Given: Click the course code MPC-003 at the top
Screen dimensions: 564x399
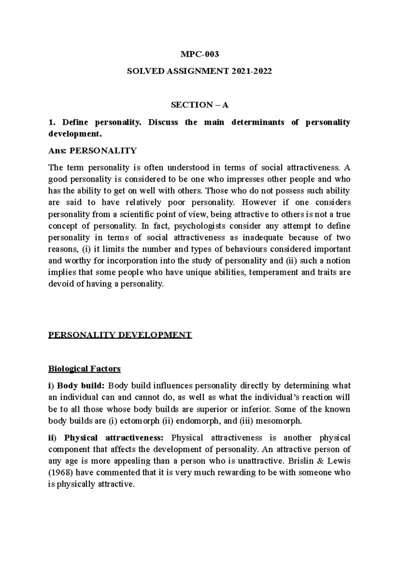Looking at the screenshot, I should (x=199, y=54).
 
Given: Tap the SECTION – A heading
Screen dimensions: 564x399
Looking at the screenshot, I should (x=199, y=105).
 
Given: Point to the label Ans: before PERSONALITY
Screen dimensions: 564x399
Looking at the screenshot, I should (x=58, y=151).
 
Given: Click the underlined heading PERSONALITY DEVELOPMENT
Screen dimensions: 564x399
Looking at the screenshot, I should (x=120, y=335).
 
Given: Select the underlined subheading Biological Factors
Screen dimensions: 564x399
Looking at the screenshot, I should (x=84, y=369).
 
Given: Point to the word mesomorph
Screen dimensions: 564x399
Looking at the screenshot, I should (x=282, y=421).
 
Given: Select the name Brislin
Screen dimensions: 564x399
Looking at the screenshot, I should (x=311, y=461).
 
